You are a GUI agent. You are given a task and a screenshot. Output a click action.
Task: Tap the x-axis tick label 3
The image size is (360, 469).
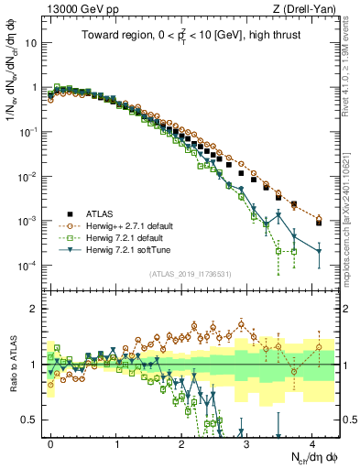pos(247,442)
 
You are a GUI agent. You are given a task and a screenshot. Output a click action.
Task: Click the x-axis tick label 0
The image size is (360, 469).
pos(50,442)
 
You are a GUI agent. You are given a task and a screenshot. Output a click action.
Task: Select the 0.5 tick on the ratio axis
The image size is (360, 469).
pos(31,420)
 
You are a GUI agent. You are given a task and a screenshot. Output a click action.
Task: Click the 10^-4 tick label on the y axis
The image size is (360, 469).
pos(28,266)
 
